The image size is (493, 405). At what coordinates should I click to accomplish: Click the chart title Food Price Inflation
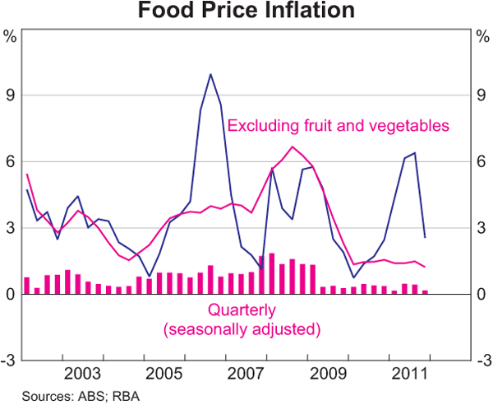pos(246,12)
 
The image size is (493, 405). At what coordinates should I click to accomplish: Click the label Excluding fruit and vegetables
pos(338,126)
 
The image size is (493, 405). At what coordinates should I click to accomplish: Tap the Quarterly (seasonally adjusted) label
pos(242,320)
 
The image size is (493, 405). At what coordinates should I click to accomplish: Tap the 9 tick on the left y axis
pos(11,95)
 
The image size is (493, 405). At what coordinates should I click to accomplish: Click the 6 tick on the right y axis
pos(481,162)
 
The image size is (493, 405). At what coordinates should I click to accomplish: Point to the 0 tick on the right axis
pos(481,295)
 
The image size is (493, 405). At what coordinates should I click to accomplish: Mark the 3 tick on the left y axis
pos(11,228)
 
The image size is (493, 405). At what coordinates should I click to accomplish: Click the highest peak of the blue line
pos(210,74)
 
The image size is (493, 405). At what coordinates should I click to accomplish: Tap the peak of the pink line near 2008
pos(293,147)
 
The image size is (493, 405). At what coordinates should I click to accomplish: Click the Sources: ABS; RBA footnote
pos(69,396)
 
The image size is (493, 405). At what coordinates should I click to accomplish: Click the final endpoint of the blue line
pos(425,237)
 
